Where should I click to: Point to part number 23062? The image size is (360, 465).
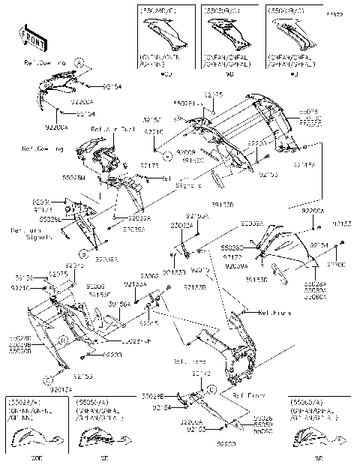148,276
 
